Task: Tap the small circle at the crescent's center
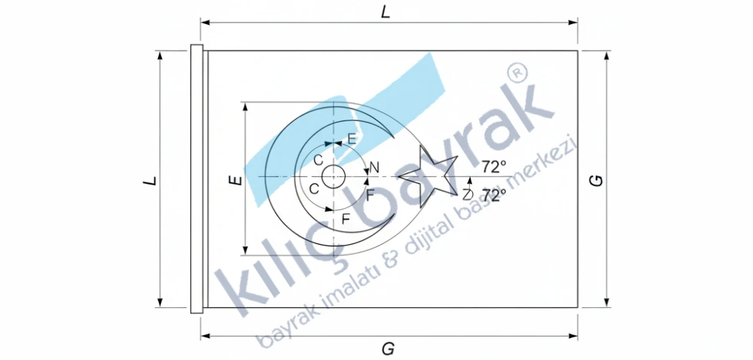coord(334,177)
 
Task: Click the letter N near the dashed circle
coord(374,167)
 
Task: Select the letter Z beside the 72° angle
coord(468,194)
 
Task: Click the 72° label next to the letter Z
coord(494,195)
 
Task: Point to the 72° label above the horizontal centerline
coord(494,167)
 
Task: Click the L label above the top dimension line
coord(385,13)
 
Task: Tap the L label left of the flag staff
coord(151,181)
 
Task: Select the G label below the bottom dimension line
coord(388,349)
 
